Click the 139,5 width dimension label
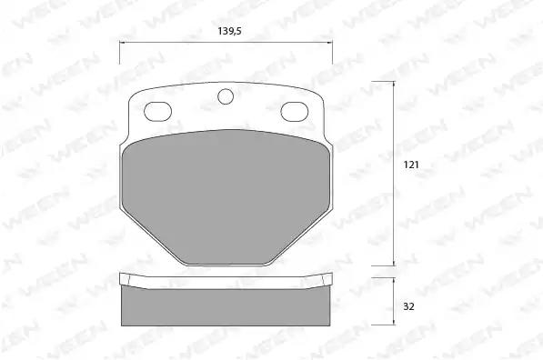229,31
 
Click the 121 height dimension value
411,165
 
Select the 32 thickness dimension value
408,306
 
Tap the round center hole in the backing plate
226,96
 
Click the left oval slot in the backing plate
157,112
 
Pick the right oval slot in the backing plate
295,112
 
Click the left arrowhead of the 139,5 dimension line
122,43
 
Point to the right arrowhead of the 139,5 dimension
329,43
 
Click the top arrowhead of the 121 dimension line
394,84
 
